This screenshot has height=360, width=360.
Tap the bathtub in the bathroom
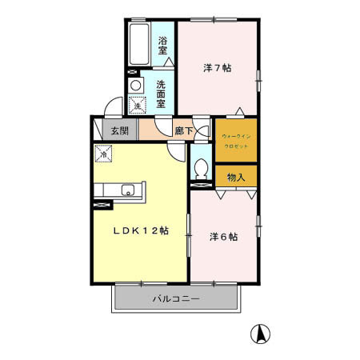138,46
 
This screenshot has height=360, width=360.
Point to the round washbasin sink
135,86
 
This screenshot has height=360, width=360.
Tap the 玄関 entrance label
119,130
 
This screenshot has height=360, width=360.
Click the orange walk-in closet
235,141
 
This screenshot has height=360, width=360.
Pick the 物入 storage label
235,176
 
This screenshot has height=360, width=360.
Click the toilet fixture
201,169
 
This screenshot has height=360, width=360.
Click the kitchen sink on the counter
127,190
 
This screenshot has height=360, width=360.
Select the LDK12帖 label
139,231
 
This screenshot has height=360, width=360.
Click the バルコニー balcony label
175,299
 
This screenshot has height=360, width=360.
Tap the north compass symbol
261,332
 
